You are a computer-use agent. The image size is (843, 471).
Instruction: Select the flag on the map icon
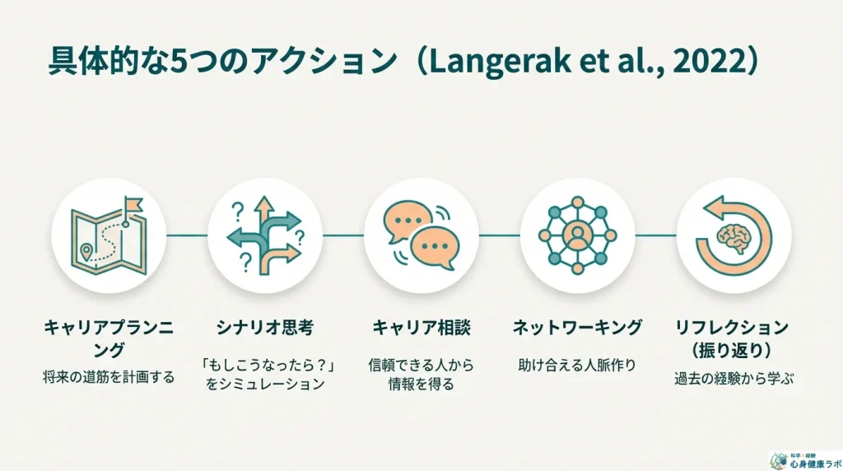[x=132, y=203]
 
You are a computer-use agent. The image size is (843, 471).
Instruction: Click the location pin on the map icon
[x=86, y=250]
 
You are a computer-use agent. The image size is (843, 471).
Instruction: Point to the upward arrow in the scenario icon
[x=264, y=211]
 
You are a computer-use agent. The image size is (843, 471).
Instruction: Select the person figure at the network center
[x=578, y=235]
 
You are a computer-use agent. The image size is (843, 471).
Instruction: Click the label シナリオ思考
[x=264, y=328]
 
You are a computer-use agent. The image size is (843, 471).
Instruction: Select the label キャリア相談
[x=421, y=328]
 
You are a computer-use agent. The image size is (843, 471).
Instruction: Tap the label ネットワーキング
[x=578, y=328]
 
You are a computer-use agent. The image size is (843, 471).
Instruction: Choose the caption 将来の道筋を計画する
[x=109, y=378]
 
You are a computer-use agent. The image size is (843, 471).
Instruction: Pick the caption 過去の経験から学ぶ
[x=734, y=379]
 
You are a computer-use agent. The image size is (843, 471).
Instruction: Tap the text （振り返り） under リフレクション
[x=734, y=349]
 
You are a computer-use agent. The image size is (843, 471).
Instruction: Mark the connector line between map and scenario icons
[x=187, y=235]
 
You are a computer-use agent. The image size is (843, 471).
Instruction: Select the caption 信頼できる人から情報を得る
[x=421, y=373]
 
